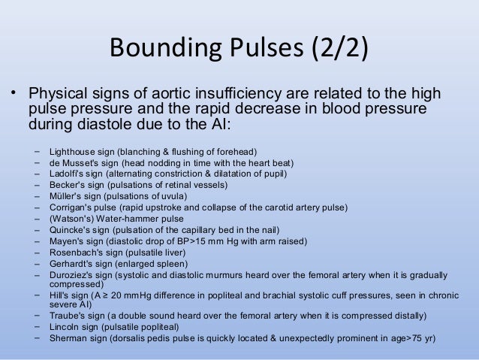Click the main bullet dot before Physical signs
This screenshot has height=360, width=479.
click(x=13, y=95)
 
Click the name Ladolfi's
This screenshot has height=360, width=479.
click(x=68, y=174)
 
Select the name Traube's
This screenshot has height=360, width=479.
click(x=67, y=316)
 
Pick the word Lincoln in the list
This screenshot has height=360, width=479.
click(x=63, y=327)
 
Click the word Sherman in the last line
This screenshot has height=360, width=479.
click(x=67, y=338)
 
